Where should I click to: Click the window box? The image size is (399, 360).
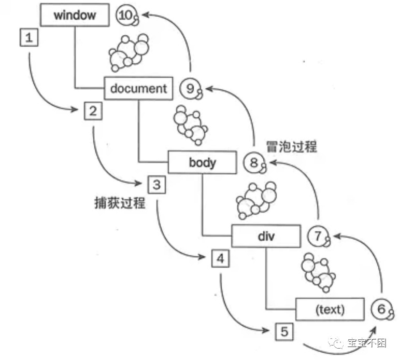point(75,15)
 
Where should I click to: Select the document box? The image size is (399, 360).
point(138,88)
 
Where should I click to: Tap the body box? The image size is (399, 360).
point(202,162)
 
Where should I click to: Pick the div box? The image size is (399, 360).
point(265,237)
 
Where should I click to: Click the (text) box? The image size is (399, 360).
point(329,310)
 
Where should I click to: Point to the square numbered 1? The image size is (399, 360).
point(29,38)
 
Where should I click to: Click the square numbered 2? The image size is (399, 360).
point(93,110)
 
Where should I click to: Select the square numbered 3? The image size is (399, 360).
point(157,184)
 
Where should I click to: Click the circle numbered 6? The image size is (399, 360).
point(381,310)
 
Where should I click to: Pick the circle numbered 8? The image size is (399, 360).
point(253,163)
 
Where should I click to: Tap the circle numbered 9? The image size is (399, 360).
point(190,89)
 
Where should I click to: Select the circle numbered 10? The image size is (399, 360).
point(126,15)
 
